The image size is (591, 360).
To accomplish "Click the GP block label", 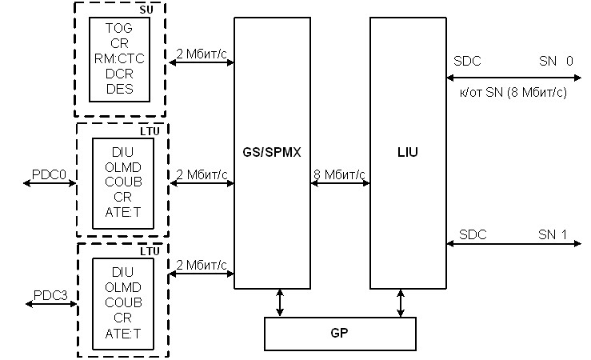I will (340, 334).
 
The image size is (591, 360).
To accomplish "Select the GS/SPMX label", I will (271, 151).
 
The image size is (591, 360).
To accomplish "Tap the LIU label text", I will (408, 152).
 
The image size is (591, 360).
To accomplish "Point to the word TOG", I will (120, 27).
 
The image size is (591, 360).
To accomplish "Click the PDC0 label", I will (49, 174).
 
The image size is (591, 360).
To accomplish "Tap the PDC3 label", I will (50, 295).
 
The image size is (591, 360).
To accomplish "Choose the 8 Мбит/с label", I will (339, 174).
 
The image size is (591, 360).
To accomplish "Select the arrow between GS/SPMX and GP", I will (279, 302).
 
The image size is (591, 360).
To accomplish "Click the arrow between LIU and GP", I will (400, 302).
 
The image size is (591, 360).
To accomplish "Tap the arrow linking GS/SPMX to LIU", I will (339, 185).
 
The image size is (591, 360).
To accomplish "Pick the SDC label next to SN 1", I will (472, 234).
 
